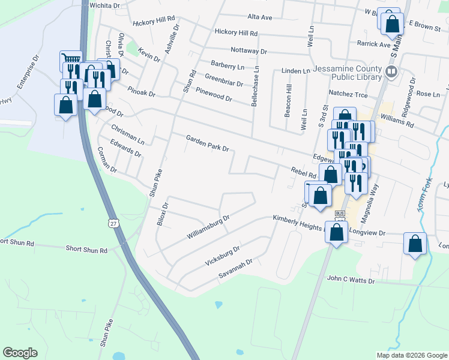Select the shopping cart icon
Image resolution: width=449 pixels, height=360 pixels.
click(71, 60)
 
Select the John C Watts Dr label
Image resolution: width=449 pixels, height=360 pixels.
click(351, 280)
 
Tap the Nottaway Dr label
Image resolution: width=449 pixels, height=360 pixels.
click(248, 52)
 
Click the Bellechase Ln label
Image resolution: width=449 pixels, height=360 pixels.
click(255, 88)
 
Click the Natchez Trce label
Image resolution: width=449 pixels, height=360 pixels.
click(348, 94)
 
